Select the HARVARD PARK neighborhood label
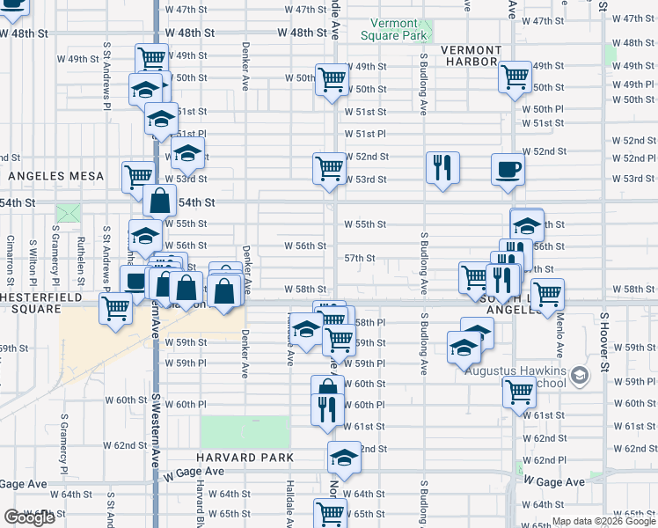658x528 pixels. (245, 458)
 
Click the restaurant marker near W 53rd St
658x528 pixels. (442, 166)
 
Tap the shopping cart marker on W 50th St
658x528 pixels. (332, 79)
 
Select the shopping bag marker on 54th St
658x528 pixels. (160, 201)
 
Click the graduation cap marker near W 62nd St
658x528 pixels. (344, 457)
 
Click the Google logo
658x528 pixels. (29, 517)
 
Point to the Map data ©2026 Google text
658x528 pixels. (603, 522)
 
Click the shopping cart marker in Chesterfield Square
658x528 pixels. (115, 309)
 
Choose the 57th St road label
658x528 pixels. (360, 259)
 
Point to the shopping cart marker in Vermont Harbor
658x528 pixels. (514, 77)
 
